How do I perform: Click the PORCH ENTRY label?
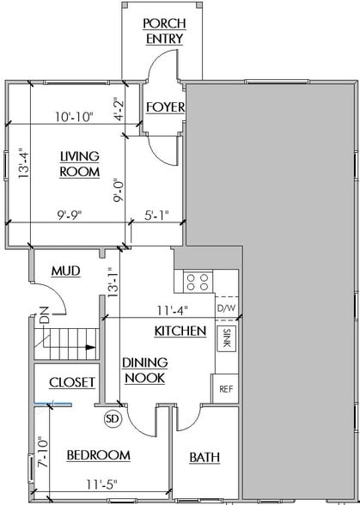click(x=162, y=30)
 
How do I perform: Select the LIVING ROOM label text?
click(x=79, y=163)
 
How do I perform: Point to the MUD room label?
click(x=66, y=271)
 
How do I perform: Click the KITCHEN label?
click(x=180, y=331)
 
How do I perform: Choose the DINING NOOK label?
click(x=143, y=370)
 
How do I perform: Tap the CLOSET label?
click(x=71, y=381)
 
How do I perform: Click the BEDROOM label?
click(x=98, y=454)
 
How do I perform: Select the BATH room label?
click(x=204, y=457)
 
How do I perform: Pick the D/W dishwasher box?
click(x=226, y=308)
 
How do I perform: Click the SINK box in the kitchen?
click(x=226, y=338)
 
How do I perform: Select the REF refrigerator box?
click(x=226, y=388)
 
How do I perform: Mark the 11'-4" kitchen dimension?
click(x=171, y=312)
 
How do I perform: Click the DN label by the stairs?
click(x=44, y=319)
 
